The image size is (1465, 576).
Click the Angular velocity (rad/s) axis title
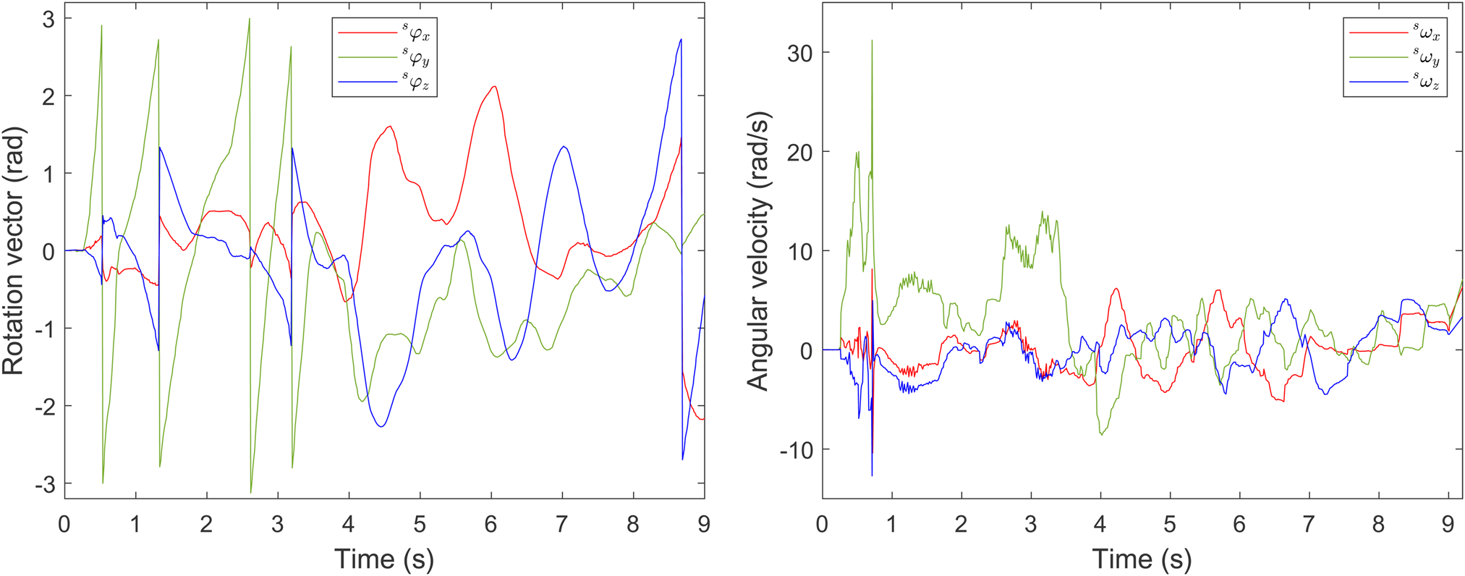point(757,251)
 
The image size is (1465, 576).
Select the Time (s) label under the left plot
point(384,559)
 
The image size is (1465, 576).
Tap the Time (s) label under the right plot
point(1142,559)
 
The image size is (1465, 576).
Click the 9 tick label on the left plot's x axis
point(704,524)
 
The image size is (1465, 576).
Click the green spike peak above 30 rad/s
point(872,41)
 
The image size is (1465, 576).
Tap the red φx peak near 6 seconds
point(494,87)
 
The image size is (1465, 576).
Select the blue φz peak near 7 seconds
point(564,147)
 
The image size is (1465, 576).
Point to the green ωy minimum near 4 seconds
point(1102,434)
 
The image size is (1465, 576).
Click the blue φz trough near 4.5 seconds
point(381,426)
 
